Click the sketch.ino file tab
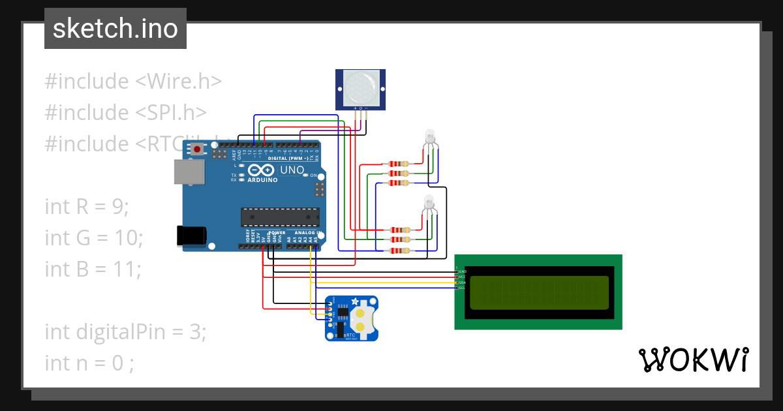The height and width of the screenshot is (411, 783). (x=115, y=29)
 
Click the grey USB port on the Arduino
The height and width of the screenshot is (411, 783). (x=189, y=172)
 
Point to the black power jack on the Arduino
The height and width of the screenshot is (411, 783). (x=192, y=236)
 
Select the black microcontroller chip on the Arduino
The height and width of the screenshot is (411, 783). (x=280, y=217)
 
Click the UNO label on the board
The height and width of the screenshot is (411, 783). (x=292, y=170)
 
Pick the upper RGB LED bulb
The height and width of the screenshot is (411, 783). (x=429, y=138)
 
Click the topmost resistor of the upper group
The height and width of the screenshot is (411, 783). (x=398, y=164)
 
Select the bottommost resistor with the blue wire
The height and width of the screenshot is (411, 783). (x=399, y=251)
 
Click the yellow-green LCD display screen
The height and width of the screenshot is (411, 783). (x=539, y=292)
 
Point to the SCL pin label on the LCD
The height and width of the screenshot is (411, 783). (x=462, y=288)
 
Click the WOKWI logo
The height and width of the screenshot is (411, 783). (x=693, y=360)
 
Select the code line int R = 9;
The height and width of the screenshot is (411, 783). (x=87, y=207)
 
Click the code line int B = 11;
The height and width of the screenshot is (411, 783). (x=93, y=268)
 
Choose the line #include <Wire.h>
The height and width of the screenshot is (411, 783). (x=133, y=82)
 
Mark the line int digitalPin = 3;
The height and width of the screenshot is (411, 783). (x=125, y=331)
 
